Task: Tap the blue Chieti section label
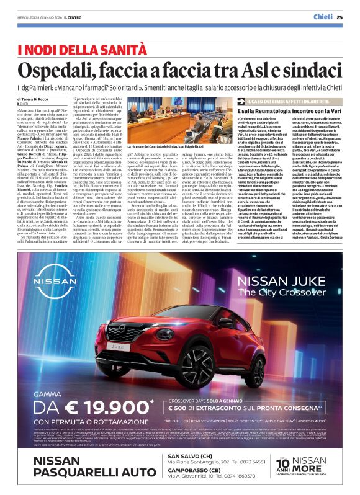(323, 17)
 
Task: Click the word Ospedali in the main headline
(60, 69)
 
